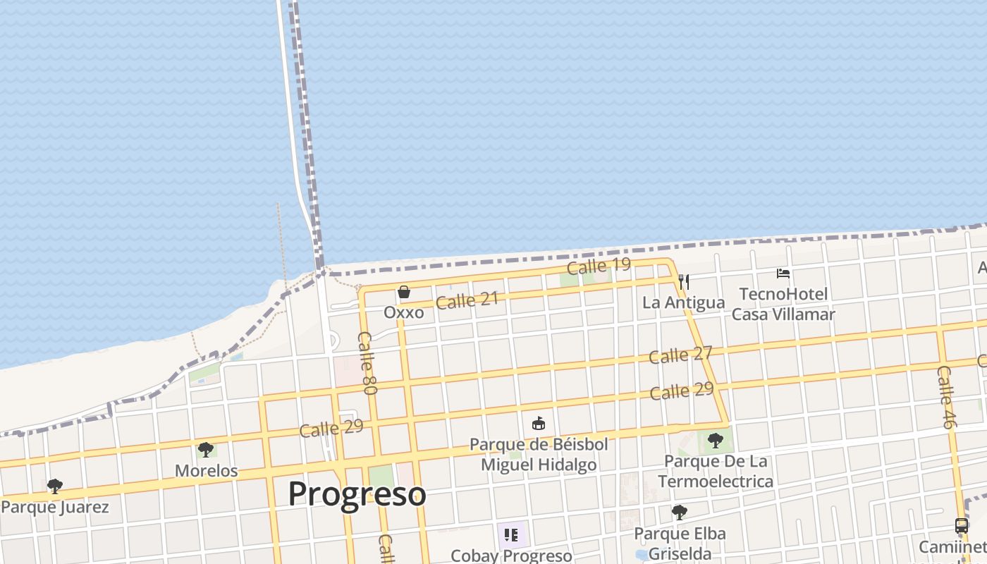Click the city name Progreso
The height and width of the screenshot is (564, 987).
click(357, 494)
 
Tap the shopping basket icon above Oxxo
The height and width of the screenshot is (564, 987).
click(404, 292)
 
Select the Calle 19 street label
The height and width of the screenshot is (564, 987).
click(599, 266)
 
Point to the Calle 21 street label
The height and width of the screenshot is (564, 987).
click(467, 300)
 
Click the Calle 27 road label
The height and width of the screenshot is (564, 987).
click(680, 355)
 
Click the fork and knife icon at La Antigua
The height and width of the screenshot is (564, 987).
click(683, 283)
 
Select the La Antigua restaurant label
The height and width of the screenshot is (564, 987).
click(683, 303)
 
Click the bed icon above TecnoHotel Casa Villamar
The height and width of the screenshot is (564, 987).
click(783, 274)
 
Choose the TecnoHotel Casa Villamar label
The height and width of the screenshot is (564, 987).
click(783, 304)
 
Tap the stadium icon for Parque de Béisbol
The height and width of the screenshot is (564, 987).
click(539, 423)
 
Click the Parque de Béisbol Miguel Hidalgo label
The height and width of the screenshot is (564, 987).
click(539, 455)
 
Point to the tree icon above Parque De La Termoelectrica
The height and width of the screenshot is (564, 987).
click(716, 441)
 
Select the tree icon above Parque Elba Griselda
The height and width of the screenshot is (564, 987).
click(680, 513)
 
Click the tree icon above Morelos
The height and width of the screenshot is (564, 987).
click(206, 449)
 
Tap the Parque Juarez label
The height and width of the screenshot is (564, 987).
click(55, 507)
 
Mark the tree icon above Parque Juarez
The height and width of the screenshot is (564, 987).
click(54, 486)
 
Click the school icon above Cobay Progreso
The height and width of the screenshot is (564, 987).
click(511, 535)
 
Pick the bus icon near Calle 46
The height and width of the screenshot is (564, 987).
click(961, 526)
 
